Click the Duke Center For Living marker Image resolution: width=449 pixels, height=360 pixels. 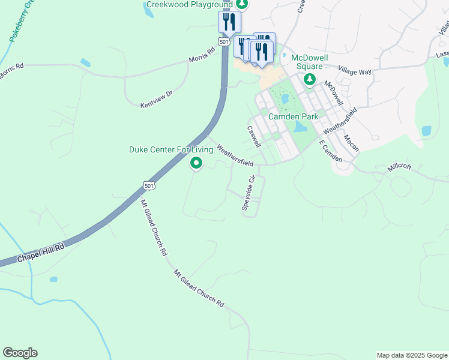click(x=196, y=163)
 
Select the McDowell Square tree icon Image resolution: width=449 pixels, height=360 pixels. click(x=310, y=79)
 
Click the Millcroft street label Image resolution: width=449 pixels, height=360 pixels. click(x=400, y=167)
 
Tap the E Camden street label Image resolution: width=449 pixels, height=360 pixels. click(x=330, y=152)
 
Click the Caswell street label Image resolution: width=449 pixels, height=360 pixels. click(x=254, y=136)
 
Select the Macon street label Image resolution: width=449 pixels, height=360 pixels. click(x=351, y=143)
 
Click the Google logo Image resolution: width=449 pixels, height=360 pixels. click(x=20, y=353)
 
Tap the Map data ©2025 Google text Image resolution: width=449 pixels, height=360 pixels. click(x=411, y=355)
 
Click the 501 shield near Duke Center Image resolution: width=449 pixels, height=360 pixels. click(x=150, y=186)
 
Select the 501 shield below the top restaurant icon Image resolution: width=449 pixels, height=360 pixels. click(x=224, y=42)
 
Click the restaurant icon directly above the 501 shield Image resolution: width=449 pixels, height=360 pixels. click(x=229, y=22)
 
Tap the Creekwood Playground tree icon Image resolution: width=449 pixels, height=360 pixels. click(x=241, y=4)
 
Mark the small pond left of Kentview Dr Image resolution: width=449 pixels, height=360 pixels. click(x=86, y=62)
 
